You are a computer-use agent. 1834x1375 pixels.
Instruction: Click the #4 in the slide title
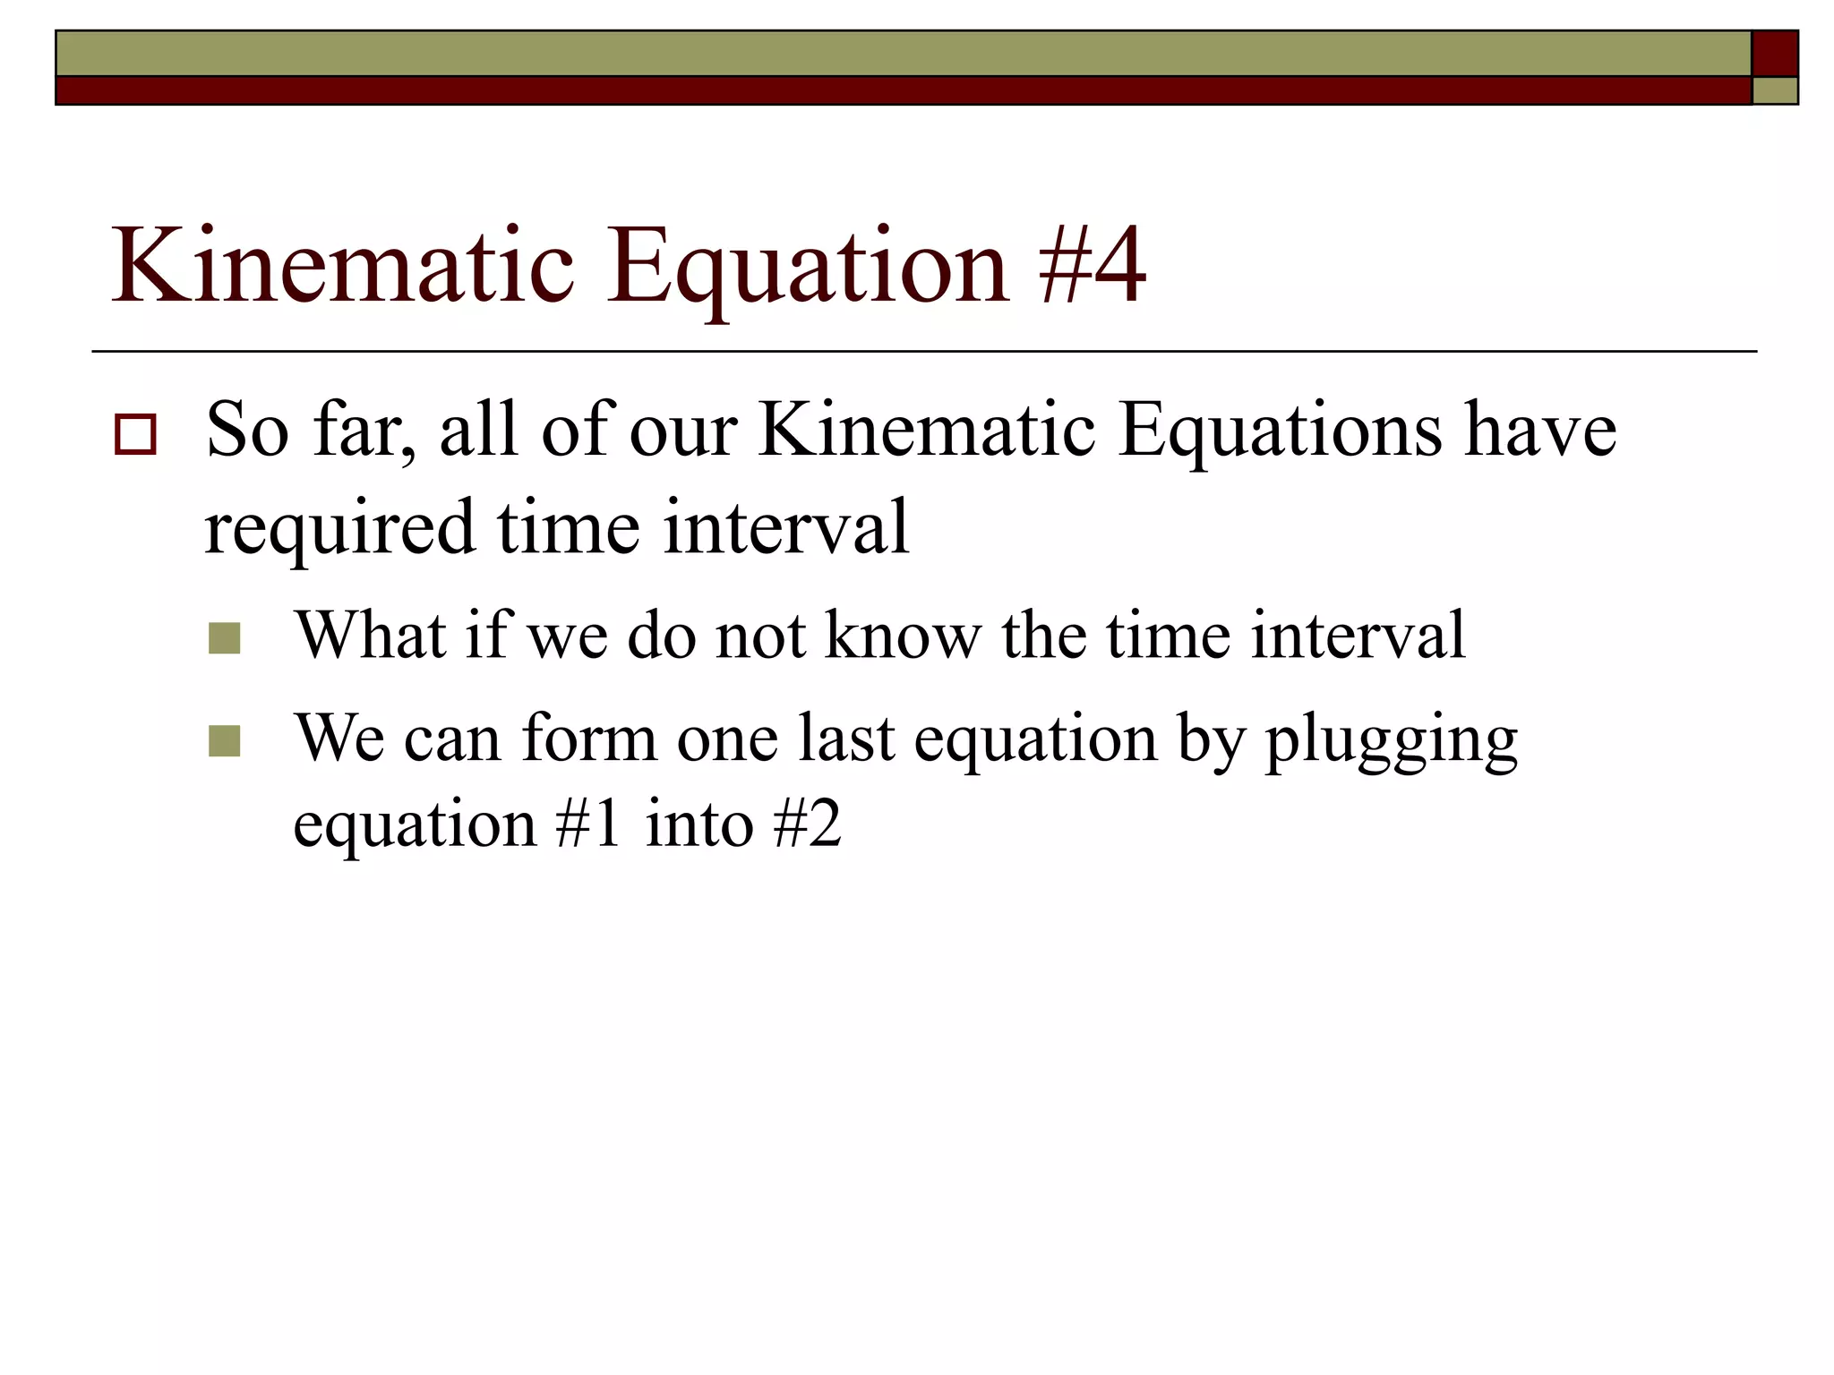[1092, 266]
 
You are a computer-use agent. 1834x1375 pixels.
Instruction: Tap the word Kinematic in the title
[341, 266]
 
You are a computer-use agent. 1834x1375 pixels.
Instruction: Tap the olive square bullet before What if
[224, 639]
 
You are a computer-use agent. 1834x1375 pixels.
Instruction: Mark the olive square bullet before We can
[224, 741]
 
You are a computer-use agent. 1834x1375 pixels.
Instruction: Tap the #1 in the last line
[587, 824]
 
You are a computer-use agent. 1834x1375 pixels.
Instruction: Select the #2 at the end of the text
[807, 824]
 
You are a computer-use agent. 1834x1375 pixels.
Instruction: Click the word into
[698, 824]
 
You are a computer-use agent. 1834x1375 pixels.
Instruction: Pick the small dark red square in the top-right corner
[1774, 54]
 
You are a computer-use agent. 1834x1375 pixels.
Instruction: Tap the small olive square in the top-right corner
[1774, 90]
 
